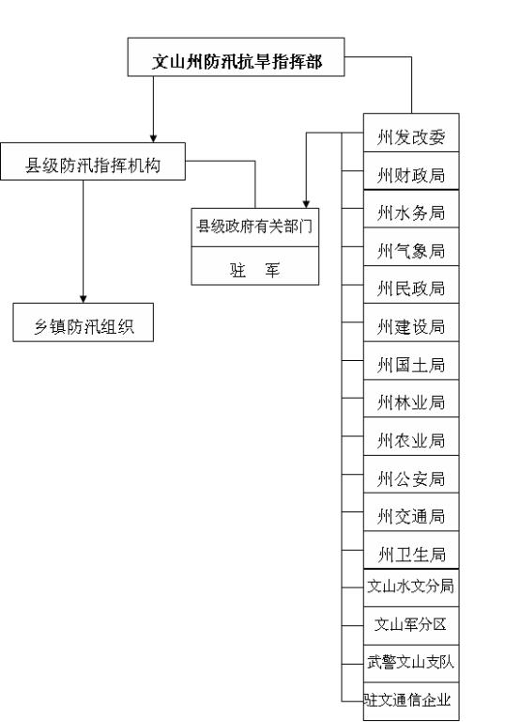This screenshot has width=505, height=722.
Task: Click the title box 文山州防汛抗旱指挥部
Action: pos(236,57)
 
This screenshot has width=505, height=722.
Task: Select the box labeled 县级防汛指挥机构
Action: pos(93,161)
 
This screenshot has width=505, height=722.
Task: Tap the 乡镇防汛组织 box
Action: pos(84,322)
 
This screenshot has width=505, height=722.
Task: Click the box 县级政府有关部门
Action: pos(255,228)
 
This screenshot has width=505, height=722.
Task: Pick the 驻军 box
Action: pos(255,266)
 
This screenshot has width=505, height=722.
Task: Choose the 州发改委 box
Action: pos(411,133)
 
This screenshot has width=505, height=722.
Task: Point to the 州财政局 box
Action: pos(411,171)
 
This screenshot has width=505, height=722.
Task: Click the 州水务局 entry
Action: pos(411,209)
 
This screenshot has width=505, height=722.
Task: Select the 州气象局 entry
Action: pos(411,247)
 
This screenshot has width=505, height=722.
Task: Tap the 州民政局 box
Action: pos(411,285)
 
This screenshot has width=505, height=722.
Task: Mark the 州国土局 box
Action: pos(411,361)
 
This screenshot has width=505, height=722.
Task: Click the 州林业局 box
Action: pos(411,399)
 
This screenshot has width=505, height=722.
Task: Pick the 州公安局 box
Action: pos(411,475)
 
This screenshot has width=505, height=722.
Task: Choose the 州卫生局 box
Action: pos(411,550)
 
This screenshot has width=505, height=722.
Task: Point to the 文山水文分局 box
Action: pos(411,588)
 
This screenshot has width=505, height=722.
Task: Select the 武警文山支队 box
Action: pos(411,664)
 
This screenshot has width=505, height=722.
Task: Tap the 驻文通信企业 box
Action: pos(411,701)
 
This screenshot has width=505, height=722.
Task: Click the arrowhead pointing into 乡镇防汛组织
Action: pos(84,299)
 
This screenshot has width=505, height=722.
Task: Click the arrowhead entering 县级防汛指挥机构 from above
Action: pos(154,138)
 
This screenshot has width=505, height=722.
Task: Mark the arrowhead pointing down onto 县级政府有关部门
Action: pos(306,204)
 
